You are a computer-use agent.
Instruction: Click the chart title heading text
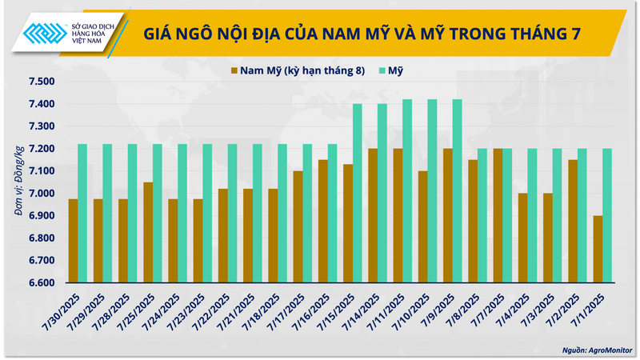coord(362,34)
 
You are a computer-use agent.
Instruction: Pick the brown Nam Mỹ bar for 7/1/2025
coord(598,249)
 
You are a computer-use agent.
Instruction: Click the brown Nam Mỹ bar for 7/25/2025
coord(148,232)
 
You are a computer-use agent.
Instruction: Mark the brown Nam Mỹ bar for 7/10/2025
coord(422,226)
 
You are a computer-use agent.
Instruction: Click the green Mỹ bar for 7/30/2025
coord(82,213)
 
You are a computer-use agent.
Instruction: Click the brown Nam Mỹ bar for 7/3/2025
coord(547,238)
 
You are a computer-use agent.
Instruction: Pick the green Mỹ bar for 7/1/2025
coord(607,215)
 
